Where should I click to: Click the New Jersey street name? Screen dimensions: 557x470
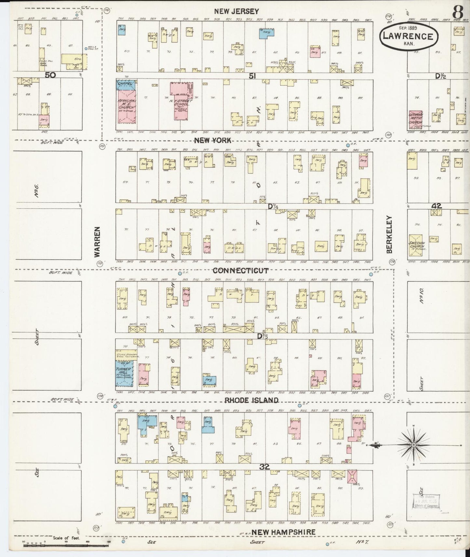tap(236, 11)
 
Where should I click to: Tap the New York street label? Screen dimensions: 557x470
tap(213, 140)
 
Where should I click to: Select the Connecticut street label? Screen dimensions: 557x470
tap(240, 271)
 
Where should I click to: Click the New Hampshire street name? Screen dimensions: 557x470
tap(279, 532)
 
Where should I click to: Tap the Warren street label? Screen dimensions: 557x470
tap(97, 242)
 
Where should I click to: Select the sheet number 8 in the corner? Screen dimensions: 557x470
tap(458, 13)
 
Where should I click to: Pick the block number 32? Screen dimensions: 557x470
tap(265, 467)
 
